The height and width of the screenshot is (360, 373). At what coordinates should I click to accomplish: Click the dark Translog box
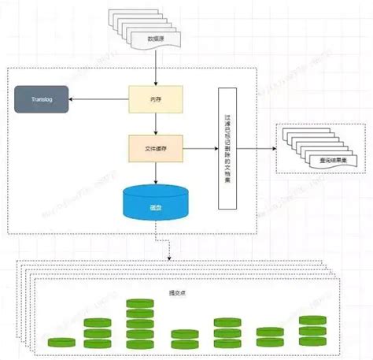(x=40, y=101)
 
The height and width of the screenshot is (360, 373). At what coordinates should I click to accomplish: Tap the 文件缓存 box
(x=156, y=147)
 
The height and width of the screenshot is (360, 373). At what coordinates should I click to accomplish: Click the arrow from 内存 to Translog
(x=98, y=99)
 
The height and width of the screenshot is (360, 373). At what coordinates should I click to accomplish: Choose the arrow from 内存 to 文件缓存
(x=156, y=123)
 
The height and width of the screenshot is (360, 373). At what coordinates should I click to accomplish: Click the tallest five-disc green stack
(x=139, y=324)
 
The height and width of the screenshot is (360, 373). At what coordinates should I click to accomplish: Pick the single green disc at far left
(x=61, y=343)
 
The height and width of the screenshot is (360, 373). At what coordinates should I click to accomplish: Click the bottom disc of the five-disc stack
(x=139, y=343)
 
